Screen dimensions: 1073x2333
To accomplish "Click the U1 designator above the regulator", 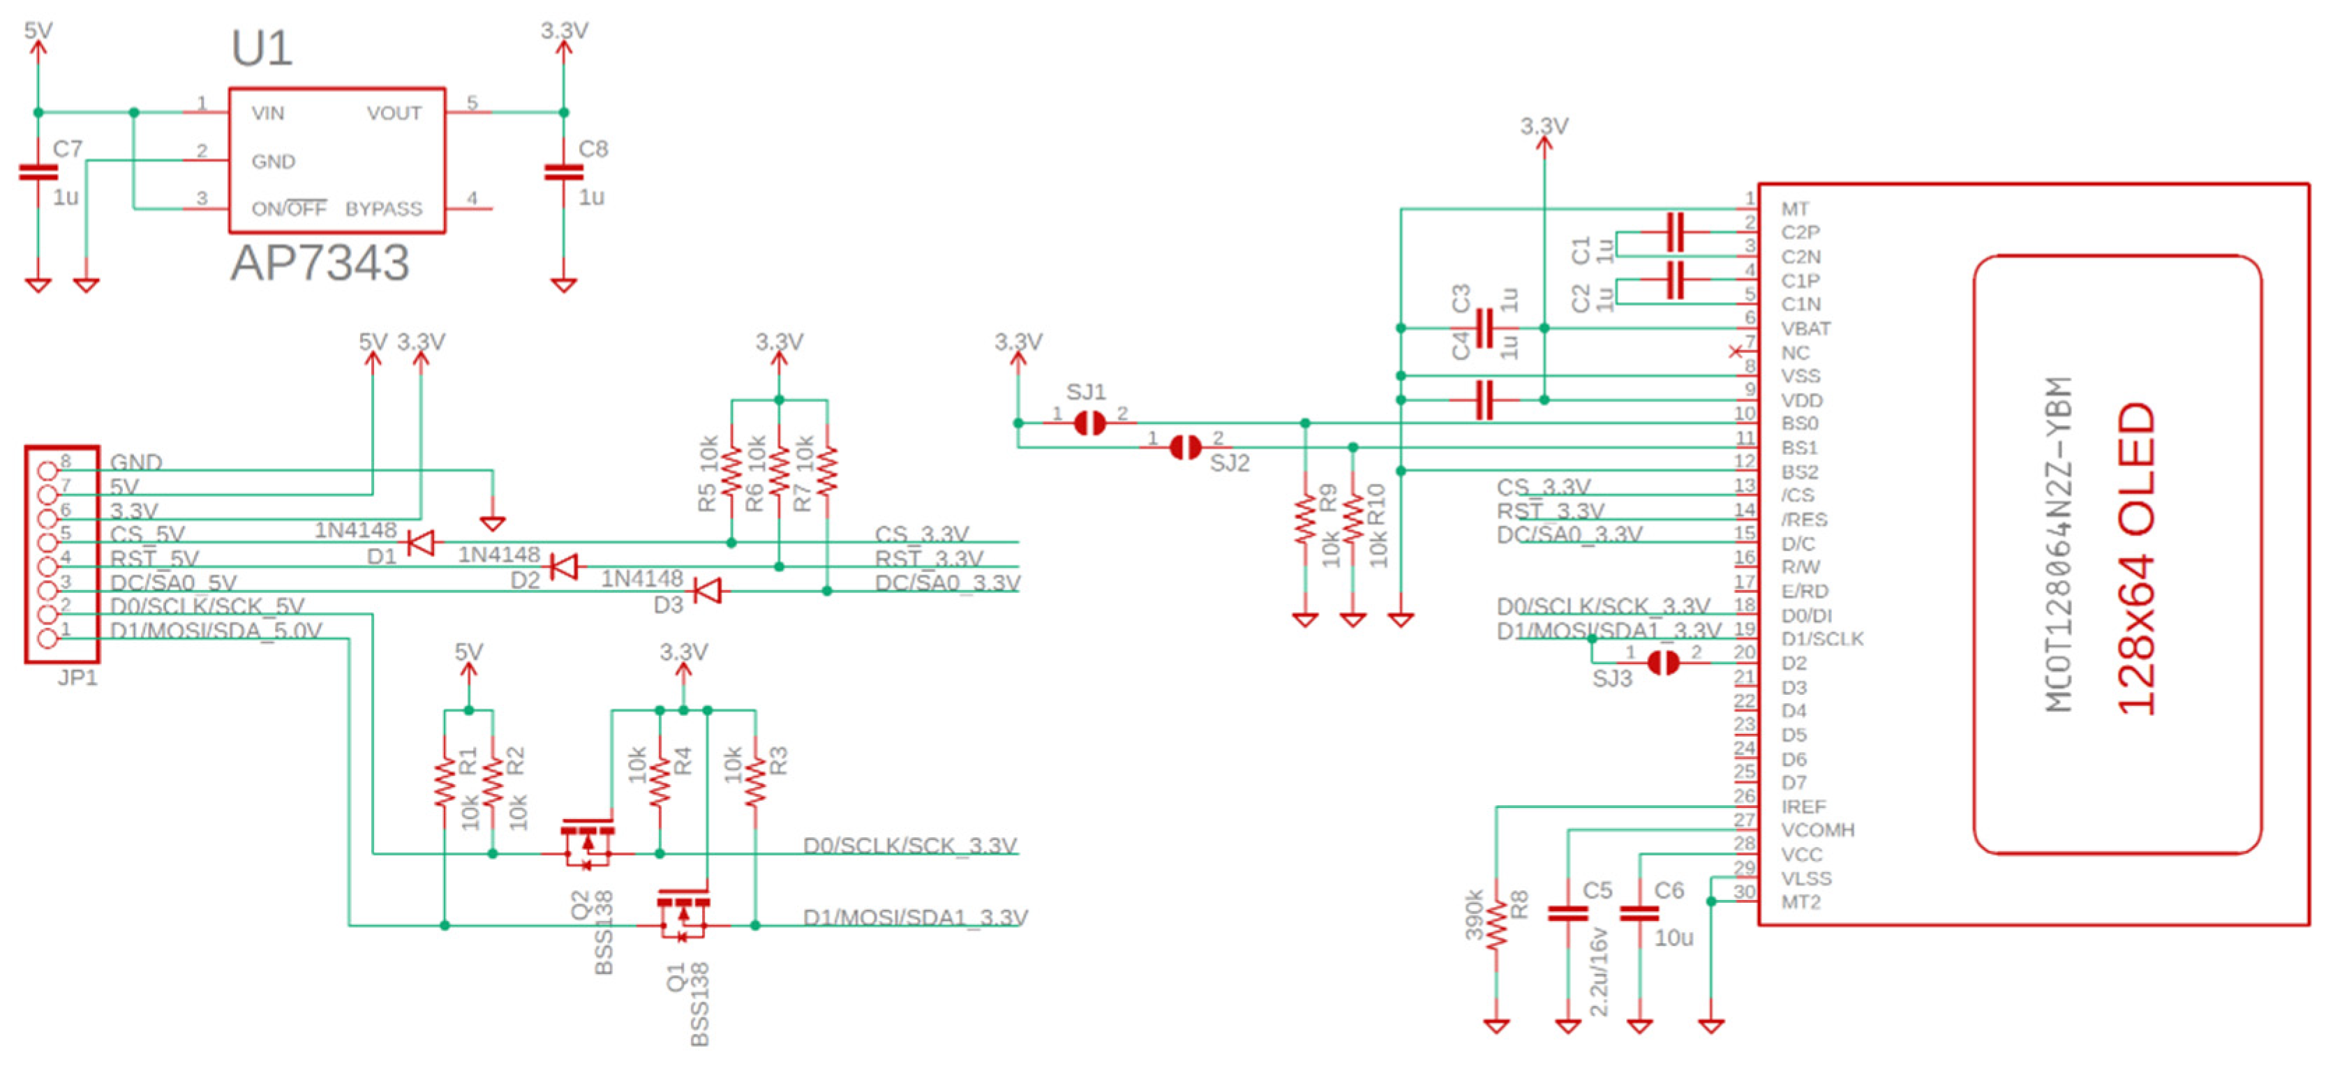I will click(261, 49).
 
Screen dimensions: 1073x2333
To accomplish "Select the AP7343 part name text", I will click(319, 264).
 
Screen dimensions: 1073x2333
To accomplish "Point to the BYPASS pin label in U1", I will click(383, 209).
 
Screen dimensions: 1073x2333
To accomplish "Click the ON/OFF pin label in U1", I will click(288, 209).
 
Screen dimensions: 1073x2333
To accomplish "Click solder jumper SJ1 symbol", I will click(1089, 423).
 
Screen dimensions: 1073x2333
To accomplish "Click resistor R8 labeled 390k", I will click(1496, 924).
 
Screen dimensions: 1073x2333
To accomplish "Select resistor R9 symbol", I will click(1304, 519).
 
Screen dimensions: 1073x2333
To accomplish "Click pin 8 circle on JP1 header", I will click(47, 470).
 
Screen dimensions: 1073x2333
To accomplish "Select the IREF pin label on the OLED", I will click(1803, 806).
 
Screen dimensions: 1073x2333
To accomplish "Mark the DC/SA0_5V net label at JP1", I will click(173, 583).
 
